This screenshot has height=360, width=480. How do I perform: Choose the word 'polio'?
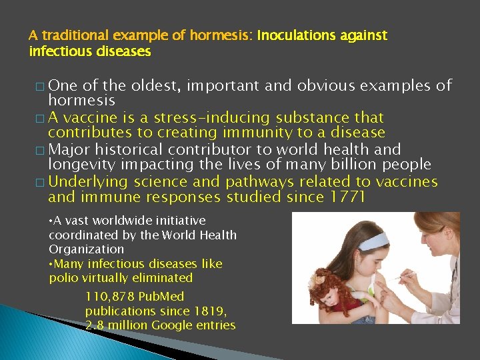point(63,278)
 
